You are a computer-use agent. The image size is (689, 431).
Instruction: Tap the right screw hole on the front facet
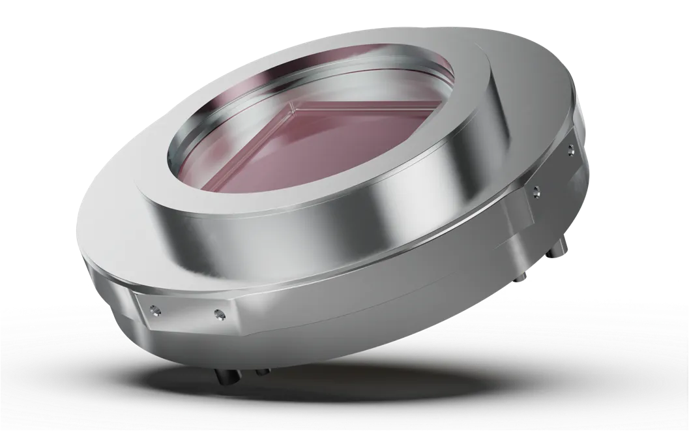click(x=217, y=316)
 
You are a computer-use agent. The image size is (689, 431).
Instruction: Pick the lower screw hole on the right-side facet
click(x=536, y=191)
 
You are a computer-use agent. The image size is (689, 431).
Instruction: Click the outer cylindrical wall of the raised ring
click(x=326, y=228)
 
